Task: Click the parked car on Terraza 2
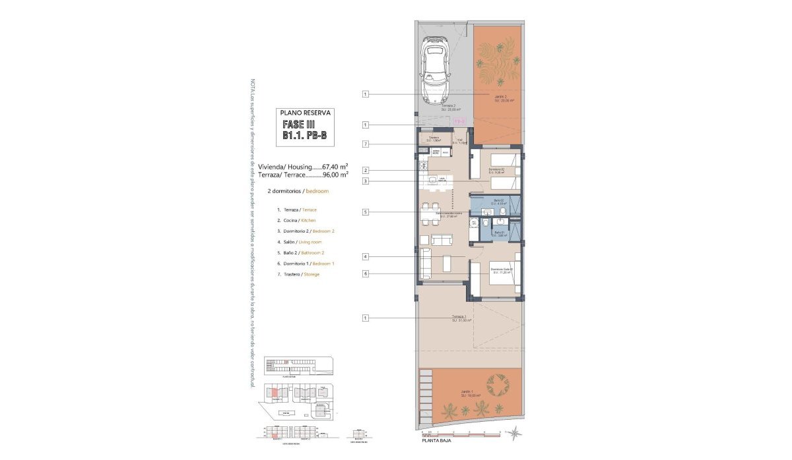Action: point(434,70)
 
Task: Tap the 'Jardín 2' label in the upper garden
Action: point(500,96)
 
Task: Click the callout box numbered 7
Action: point(365,144)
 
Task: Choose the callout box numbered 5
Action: point(365,212)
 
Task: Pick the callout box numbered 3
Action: point(365,181)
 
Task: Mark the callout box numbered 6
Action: point(365,273)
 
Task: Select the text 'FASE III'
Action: point(298,125)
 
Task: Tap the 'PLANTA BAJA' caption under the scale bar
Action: point(440,441)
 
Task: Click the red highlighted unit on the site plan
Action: point(274,394)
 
